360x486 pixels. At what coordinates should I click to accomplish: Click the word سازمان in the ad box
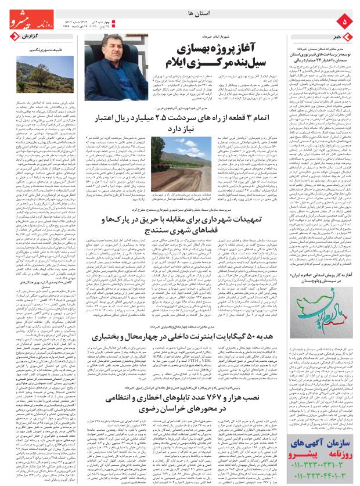click(336, 443)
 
